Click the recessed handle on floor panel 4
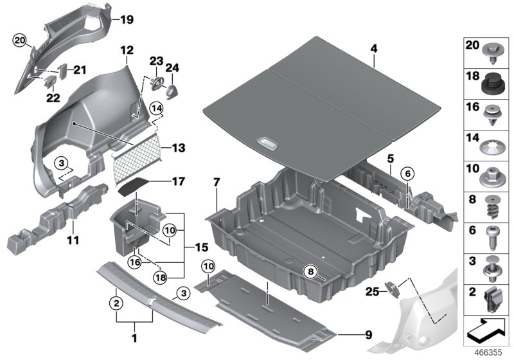click(265, 143)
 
